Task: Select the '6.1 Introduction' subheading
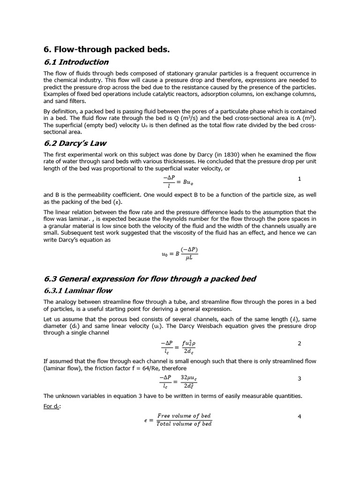tap(76, 62)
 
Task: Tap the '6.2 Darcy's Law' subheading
tap(75, 143)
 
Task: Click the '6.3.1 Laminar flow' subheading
tap(78, 291)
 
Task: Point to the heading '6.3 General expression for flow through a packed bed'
tap(150, 279)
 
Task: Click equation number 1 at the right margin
tap(300, 179)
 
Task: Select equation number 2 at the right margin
tap(300, 344)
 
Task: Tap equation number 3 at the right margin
tap(300, 378)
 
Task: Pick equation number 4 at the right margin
tap(300, 416)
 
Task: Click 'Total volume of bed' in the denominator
tap(184, 424)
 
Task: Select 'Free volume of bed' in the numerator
tap(184, 416)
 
